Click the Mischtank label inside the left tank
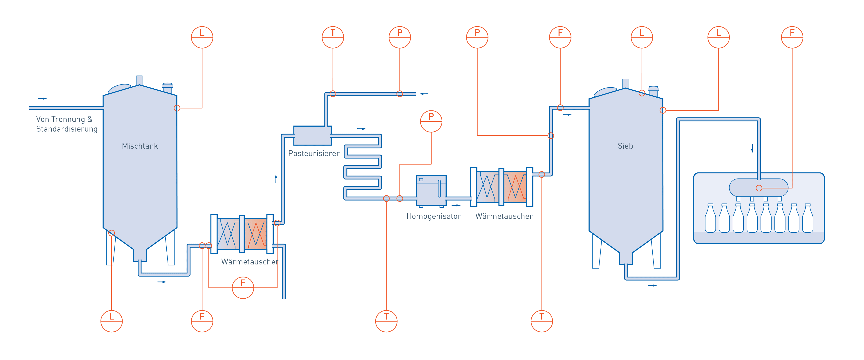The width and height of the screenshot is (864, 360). (x=140, y=146)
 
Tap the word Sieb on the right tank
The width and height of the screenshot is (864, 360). (x=625, y=146)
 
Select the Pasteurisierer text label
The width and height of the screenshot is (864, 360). (x=314, y=153)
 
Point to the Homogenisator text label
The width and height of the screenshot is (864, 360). (x=433, y=216)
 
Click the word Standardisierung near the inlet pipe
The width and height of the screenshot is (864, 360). (x=67, y=129)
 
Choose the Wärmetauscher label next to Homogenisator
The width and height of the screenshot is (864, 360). (x=504, y=216)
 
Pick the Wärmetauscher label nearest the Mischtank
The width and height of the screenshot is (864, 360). (x=250, y=262)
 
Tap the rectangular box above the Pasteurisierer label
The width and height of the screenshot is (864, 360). (x=312, y=136)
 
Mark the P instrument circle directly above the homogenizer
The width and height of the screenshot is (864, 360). (x=431, y=121)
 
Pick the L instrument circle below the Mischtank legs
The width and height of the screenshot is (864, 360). (x=112, y=321)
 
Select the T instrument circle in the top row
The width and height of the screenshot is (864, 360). (x=333, y=37)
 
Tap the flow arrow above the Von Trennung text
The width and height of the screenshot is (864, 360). (x=43, y=99)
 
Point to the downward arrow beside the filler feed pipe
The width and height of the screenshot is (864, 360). (x=752, y=148)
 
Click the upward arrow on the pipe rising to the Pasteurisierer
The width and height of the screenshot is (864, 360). (x=276, y=179)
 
